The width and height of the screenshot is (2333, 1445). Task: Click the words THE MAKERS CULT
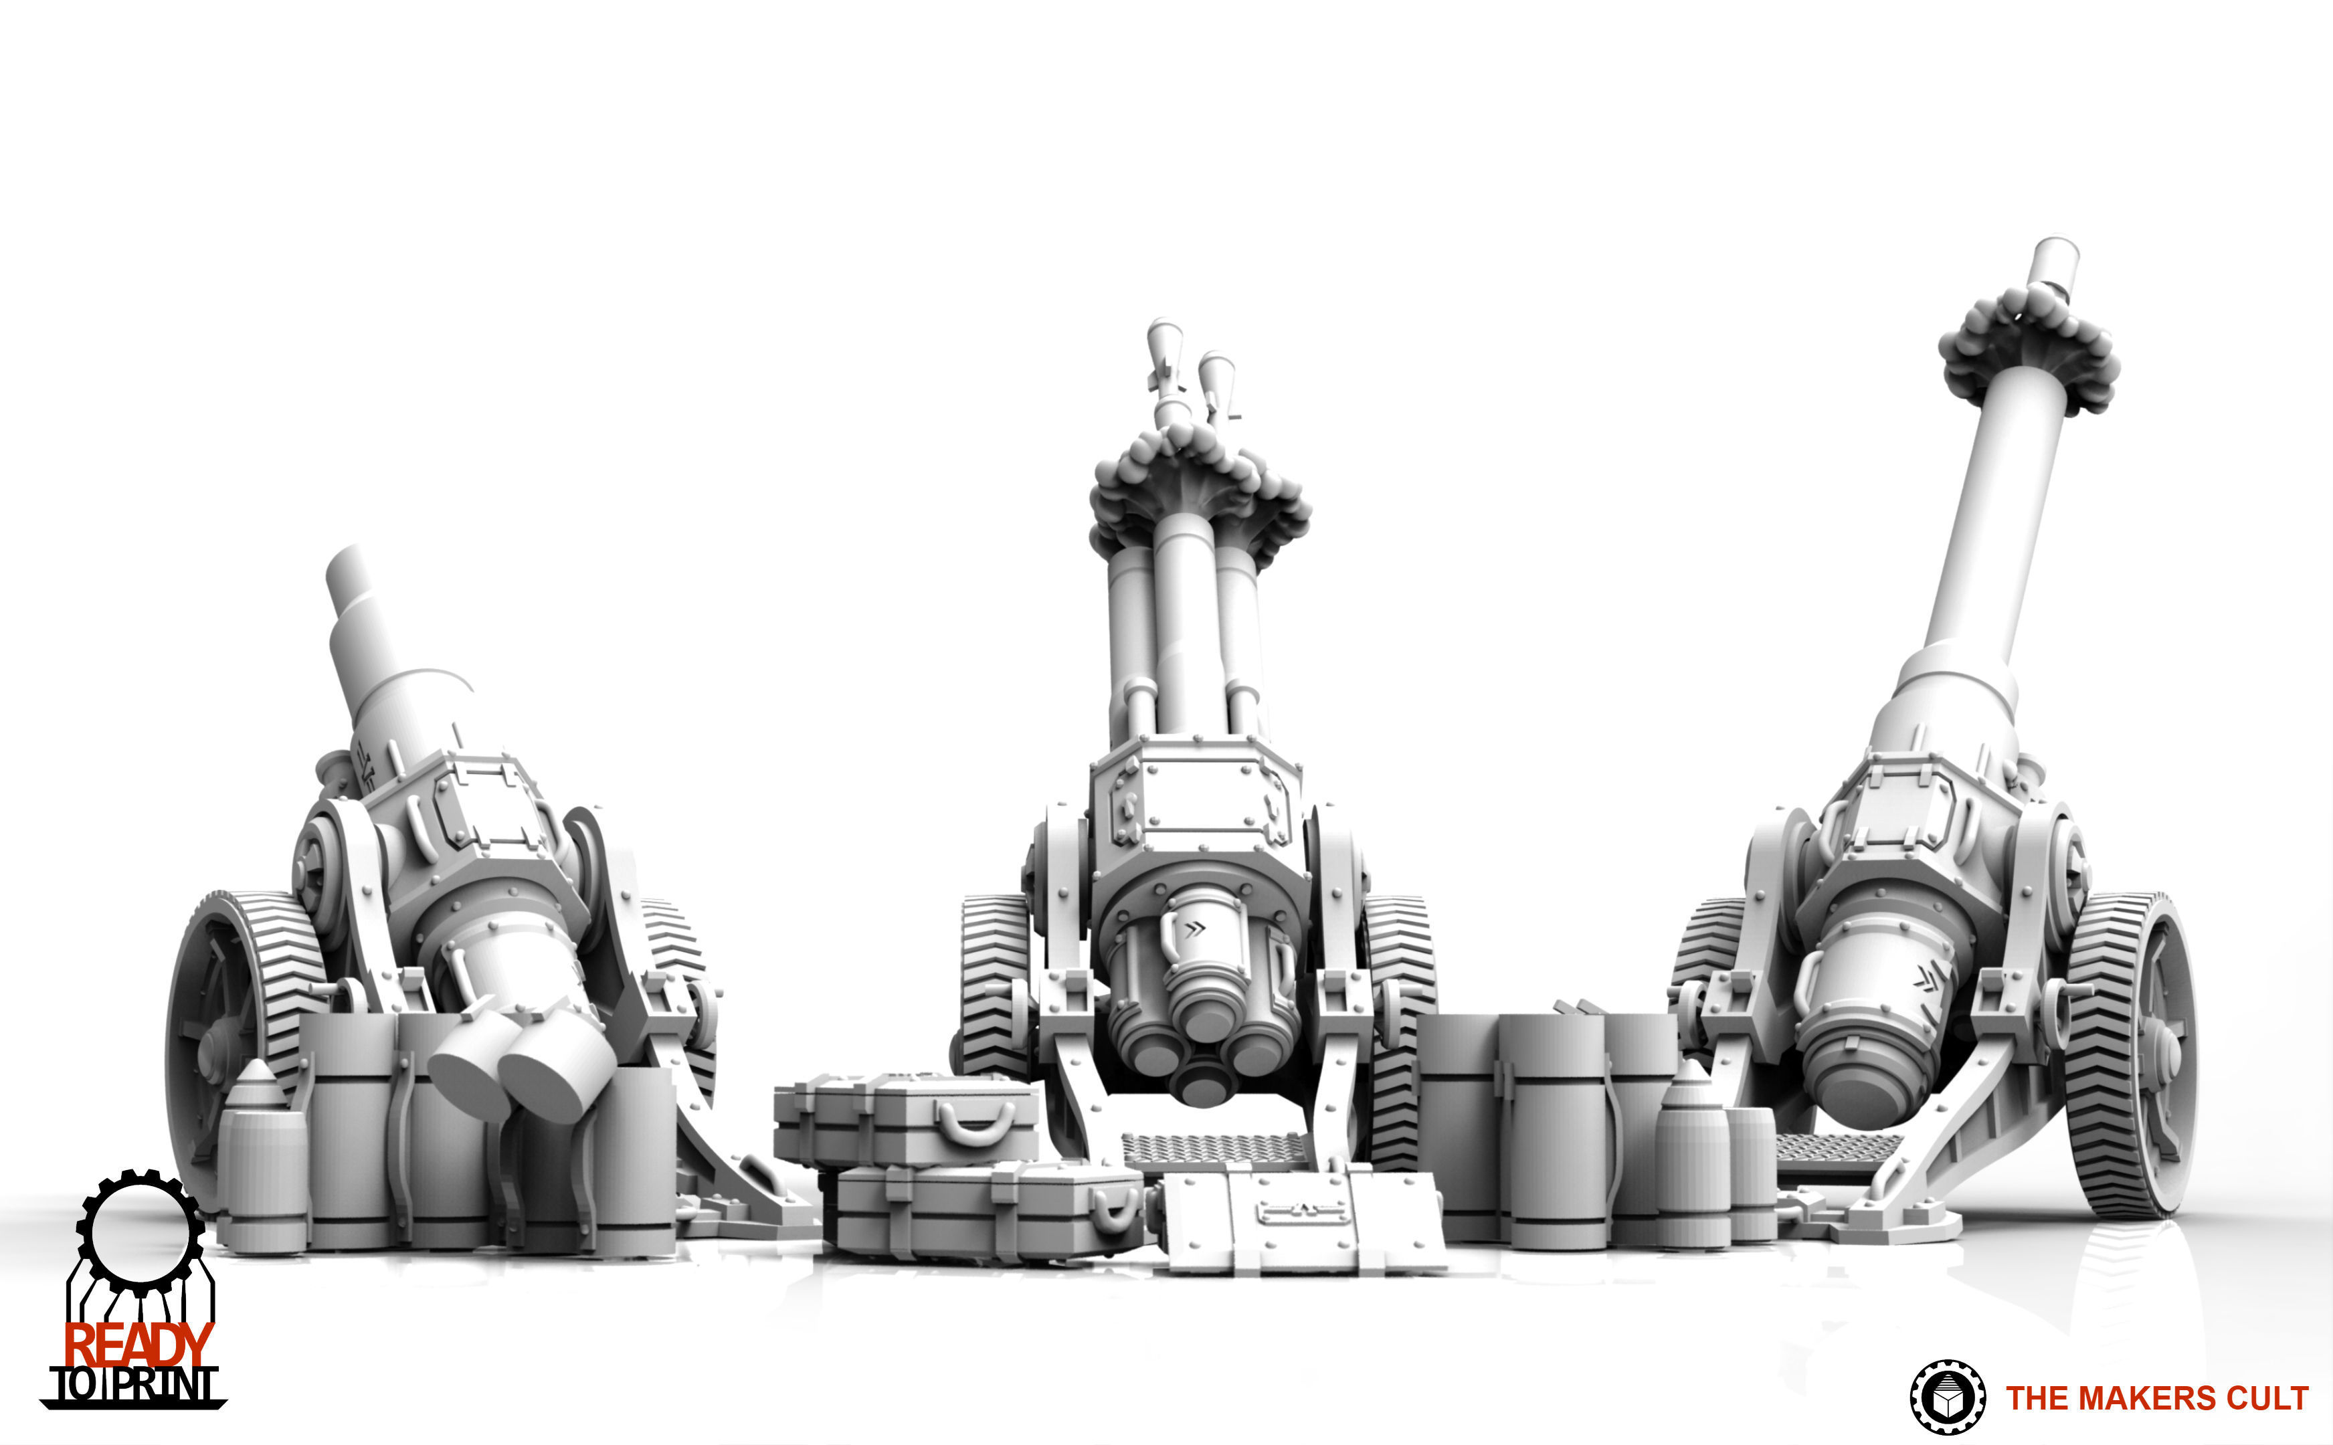tap(2156, 1398)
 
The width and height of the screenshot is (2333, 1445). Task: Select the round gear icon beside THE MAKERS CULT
tap(1947, 1398)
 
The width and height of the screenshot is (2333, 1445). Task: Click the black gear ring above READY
tap(141, 1233)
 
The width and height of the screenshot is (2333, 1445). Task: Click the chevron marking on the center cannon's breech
tap(1195, 927)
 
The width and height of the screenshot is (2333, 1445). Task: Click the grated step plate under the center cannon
tap(1214, 1150)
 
